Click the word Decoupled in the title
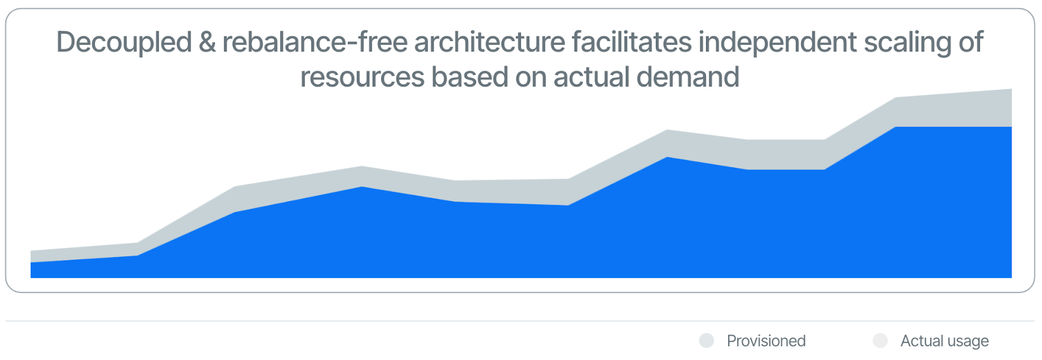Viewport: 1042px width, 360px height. [x=124, y=43]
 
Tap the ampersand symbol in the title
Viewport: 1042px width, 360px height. [x=207, y=43]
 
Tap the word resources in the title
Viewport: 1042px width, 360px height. [x=362, y=77]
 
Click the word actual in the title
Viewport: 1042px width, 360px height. [x=591, y=77]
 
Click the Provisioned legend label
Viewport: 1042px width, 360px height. [x=766, y=341]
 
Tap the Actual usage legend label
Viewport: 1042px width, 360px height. [x=944, y=341]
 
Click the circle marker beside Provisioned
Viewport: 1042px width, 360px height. [x=707, y=340]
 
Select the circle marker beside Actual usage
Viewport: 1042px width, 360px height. [x=880, y=340]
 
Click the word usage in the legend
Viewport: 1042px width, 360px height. [x=966, y=341]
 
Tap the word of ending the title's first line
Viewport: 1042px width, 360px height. [x=970, y=43]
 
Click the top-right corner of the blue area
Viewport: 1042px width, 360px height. [x=1011, y=128]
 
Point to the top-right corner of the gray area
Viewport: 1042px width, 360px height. [x=1011, y=90]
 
